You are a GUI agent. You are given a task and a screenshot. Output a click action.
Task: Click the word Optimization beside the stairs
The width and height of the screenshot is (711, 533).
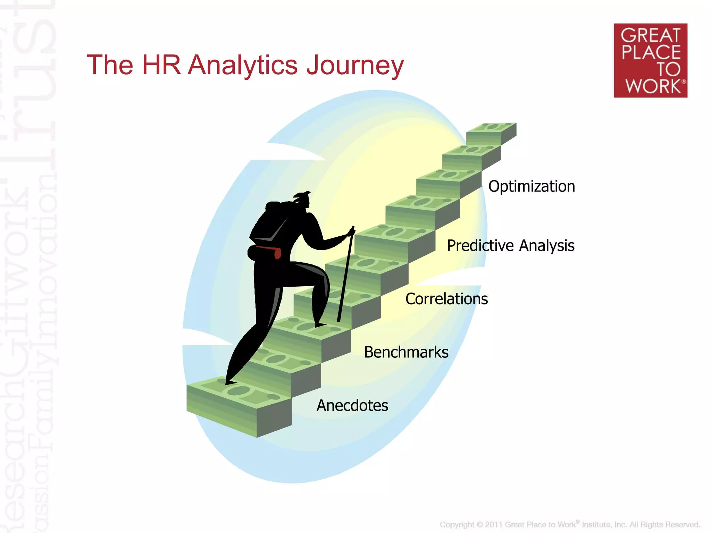click(x=531, y=187)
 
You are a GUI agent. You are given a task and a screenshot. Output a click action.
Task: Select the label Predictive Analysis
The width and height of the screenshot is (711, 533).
click(x=510, y=246)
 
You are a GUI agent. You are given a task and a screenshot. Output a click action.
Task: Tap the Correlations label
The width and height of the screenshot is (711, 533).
click(x=446, y=299)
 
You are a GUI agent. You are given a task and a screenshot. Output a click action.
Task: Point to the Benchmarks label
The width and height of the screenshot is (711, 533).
click(x=406, y=352)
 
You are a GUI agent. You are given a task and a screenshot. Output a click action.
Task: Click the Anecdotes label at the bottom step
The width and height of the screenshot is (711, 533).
click(x=352, y=405)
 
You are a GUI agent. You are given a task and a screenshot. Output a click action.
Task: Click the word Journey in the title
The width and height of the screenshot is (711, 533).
click(x=355, y=65)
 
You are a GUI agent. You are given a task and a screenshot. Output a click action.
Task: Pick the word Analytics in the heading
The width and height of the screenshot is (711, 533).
click(x=242, y=65)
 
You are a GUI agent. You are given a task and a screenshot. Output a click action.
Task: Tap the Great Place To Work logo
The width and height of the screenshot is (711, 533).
click(x=650, y=60)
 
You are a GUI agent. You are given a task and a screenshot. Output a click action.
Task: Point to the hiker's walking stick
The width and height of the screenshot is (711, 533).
click(x=345, y=274)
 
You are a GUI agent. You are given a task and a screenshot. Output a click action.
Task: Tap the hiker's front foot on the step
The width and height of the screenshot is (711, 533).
click(x=320, y=325)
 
